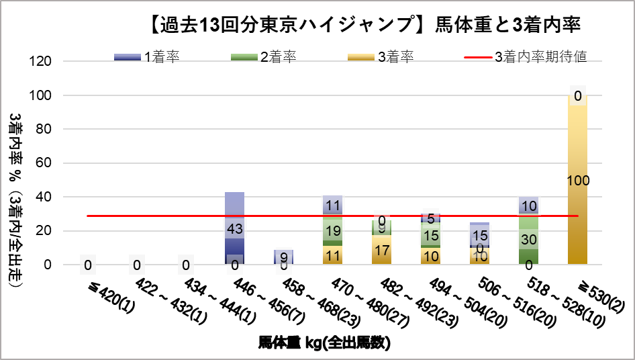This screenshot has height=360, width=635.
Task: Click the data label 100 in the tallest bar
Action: point(577,180)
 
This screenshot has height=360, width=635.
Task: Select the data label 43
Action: point(234,228)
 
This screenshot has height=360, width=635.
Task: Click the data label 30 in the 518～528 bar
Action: point(529,239)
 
